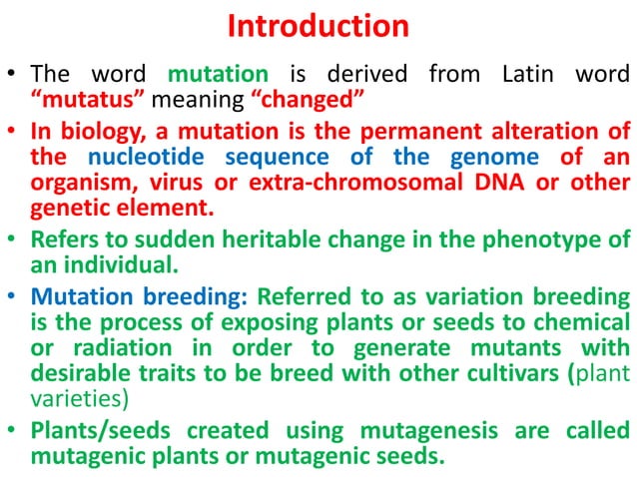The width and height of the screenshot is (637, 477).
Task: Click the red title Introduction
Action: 318,26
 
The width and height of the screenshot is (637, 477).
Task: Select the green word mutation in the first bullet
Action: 218,74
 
